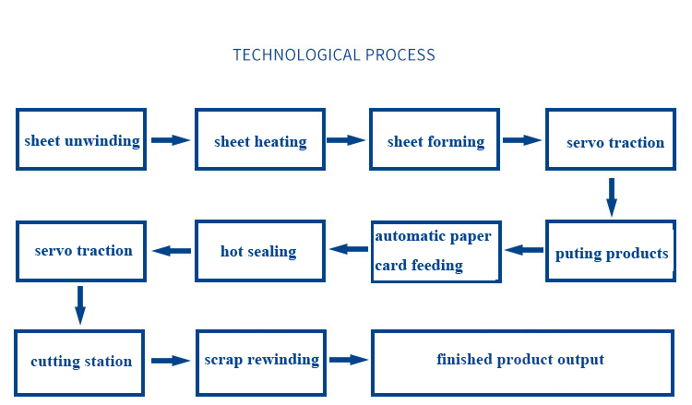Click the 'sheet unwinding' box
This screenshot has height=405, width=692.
point(82,140)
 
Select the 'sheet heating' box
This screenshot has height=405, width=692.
point(259,140)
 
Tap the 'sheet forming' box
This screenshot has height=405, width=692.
point(435,140)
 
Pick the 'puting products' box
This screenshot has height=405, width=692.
point(611,252)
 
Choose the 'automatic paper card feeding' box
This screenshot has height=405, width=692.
point(435,250)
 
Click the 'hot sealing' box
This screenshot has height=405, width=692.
point(258,250)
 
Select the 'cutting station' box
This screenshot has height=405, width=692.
point(81,360)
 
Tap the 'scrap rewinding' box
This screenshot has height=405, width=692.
point(260,360)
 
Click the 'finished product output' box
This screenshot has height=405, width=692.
point(521,360)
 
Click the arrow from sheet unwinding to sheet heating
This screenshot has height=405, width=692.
point(171,140)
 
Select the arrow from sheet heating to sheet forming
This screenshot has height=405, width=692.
point(346,140)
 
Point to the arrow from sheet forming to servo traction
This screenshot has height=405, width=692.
point(522,140)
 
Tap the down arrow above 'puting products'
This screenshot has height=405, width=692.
point(611,197)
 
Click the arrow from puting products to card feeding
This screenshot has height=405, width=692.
point(524,250)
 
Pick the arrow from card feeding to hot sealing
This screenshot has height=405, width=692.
point(348,249)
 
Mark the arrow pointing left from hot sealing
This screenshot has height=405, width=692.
point(171,250)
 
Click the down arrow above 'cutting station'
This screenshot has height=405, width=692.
point(80,304)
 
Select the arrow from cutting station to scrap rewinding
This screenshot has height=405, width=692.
point(171,361)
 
